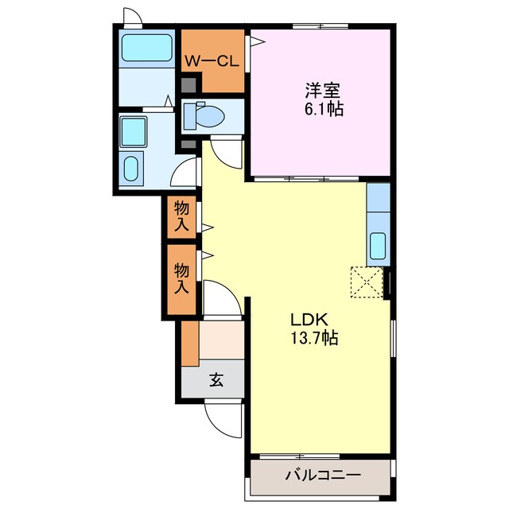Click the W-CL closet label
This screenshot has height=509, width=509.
click(x=212, y=60)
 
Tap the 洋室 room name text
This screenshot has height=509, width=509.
click(x=321, y=90)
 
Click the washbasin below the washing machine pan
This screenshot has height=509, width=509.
click(x=131, y=169)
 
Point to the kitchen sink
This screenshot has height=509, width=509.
click(x=379, y=247)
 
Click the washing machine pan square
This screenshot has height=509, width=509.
click(x=133, y=130)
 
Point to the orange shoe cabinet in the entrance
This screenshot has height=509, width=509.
click(x=189, y=342)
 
